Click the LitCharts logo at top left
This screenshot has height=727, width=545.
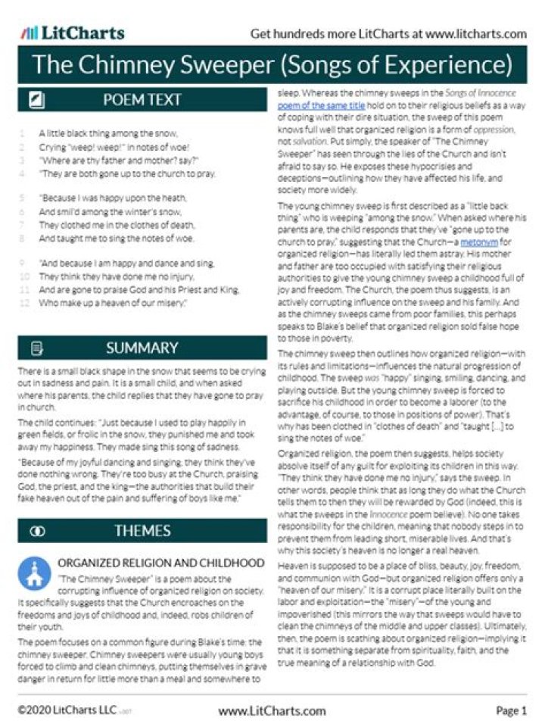click(x=73, y=33)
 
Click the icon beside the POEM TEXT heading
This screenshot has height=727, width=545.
click(x=36, y=99)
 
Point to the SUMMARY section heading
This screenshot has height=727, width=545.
click(x=142, y=348)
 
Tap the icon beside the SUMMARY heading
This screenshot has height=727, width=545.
click(x=36, y=348)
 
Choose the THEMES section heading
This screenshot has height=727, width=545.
click(x=142, y=531)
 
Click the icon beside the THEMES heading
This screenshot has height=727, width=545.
click(x=36, y=531)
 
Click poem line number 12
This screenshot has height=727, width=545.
click(x=24, y=302)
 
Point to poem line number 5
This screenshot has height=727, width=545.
click(x=24, y=198)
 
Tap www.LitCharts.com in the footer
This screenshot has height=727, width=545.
click(x=272, y=710)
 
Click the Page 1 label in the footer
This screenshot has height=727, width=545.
click(x=511, y=710)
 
